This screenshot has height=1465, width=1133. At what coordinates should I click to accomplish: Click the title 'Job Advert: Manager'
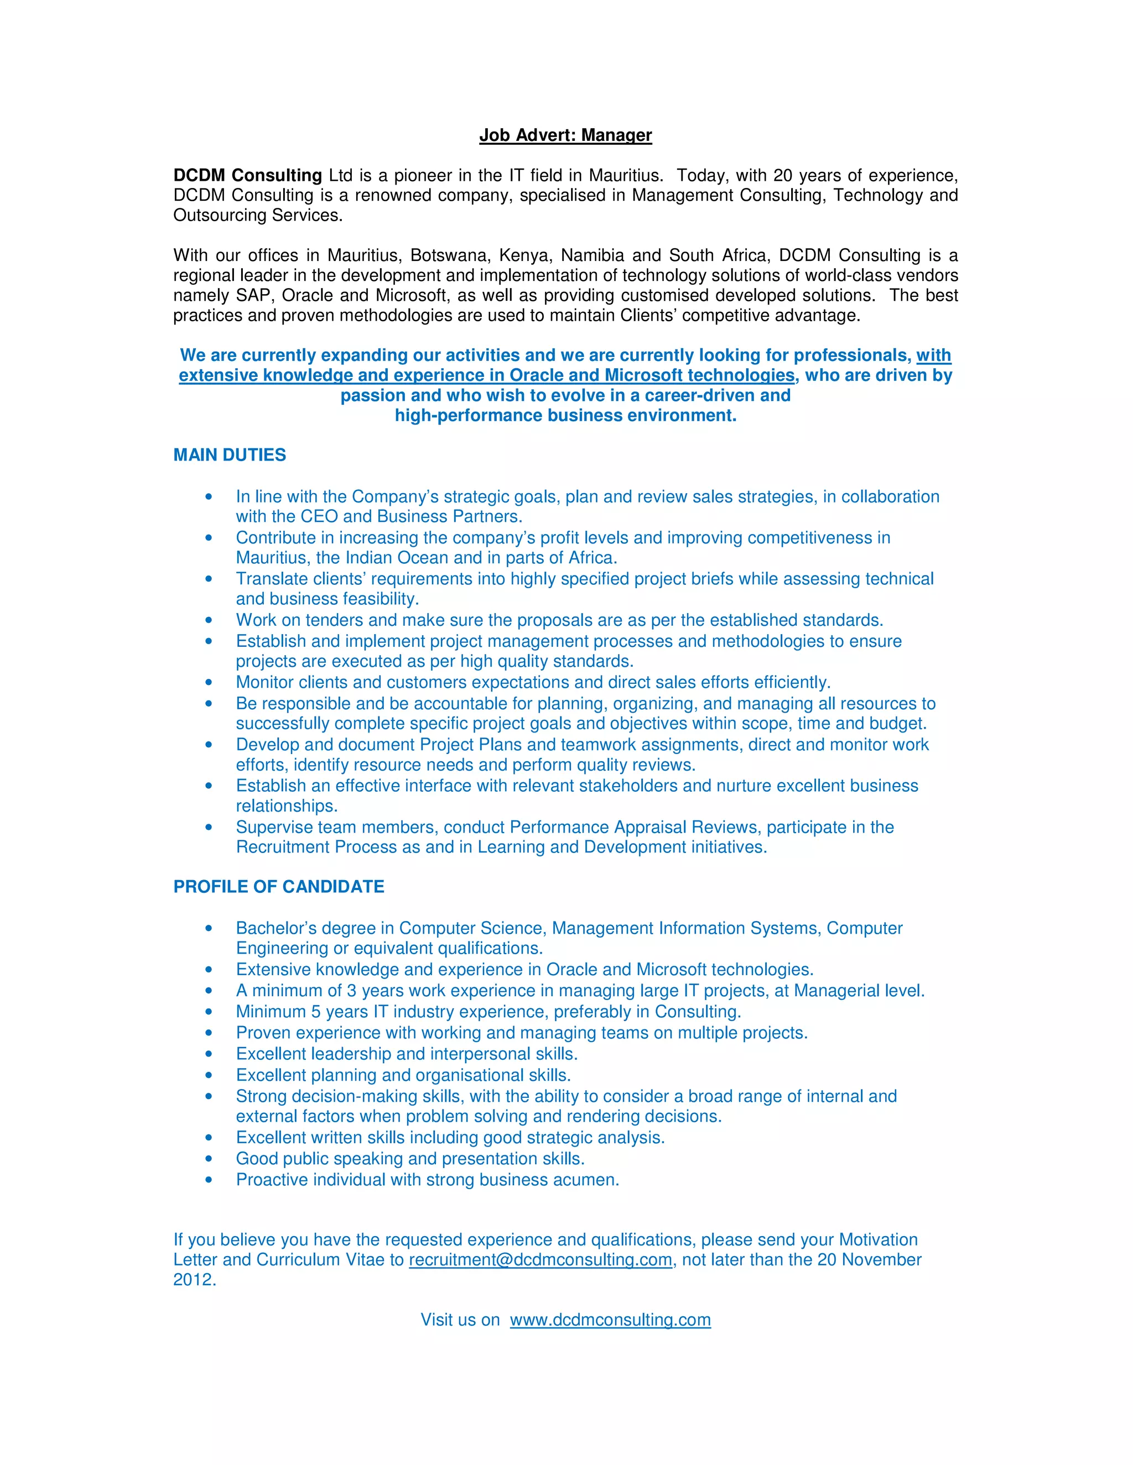(x=565, y=135)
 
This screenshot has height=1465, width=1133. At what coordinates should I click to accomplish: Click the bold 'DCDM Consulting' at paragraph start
(x=248, y=176)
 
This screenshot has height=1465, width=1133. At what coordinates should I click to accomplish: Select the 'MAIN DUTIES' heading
(x=230, y=455)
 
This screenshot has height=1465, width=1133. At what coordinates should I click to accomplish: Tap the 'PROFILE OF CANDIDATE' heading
(x=279, y=886)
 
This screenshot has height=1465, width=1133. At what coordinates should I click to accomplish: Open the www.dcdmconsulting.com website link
(x=610, y=1320)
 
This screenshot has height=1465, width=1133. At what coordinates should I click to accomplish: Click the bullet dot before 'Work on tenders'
(x=209, y=620)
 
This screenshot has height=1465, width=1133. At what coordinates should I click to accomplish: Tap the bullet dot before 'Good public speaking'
(x=209, y=1159)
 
